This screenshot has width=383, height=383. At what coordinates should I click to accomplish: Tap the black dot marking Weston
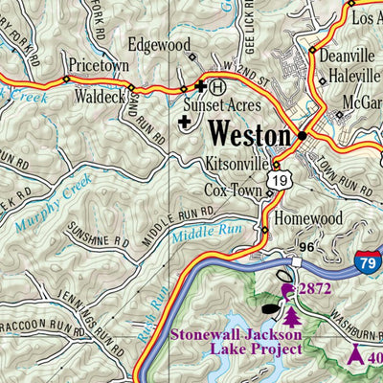pos(302,135)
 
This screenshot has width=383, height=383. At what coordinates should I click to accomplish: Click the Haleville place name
pos(355,77)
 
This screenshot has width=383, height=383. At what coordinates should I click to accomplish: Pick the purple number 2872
pos(316,288)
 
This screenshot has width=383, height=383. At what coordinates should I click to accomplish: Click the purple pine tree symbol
pos(290,312)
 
